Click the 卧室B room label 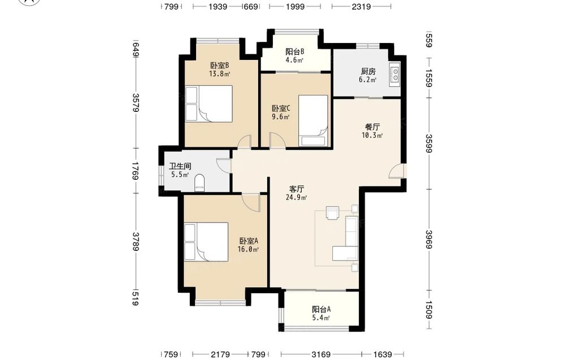coord(220,65)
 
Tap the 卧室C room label coord(281,108)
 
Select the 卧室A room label coord(249,241)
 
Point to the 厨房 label coord(368,71)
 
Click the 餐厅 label coord(372,127)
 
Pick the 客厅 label coord(297,189)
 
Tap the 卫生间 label coord(180,167)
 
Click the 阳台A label coord(321,309)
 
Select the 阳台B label coord(295,51)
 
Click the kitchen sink coord(394,75)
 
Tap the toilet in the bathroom coord(199,183)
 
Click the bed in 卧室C coord(314,121)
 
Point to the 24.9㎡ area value coord(297,197)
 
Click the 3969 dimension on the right coord(429,239)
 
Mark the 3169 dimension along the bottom coord(321,354)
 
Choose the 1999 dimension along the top coord(295,6)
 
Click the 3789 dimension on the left coord(135,241)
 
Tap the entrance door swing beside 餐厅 coord(397,171)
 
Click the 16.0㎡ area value coord(248,249)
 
